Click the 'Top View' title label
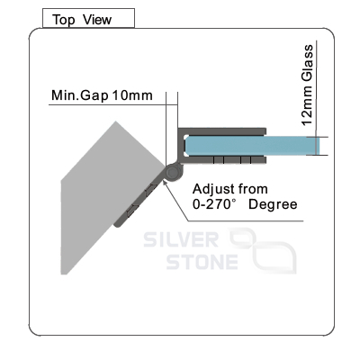point(82,20)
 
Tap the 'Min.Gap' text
point(79,95)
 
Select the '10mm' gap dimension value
point(132,95)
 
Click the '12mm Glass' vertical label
point(308,85)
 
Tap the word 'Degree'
point(273,205)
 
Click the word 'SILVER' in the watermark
point(181,239)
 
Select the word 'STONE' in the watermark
point(202,262)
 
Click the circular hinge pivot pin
point(172,173)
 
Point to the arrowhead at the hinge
point(165,181)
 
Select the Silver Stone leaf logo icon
point(263,249)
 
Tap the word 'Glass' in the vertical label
point(308,63)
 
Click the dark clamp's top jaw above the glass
point(222,131)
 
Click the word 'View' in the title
point(97,20)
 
